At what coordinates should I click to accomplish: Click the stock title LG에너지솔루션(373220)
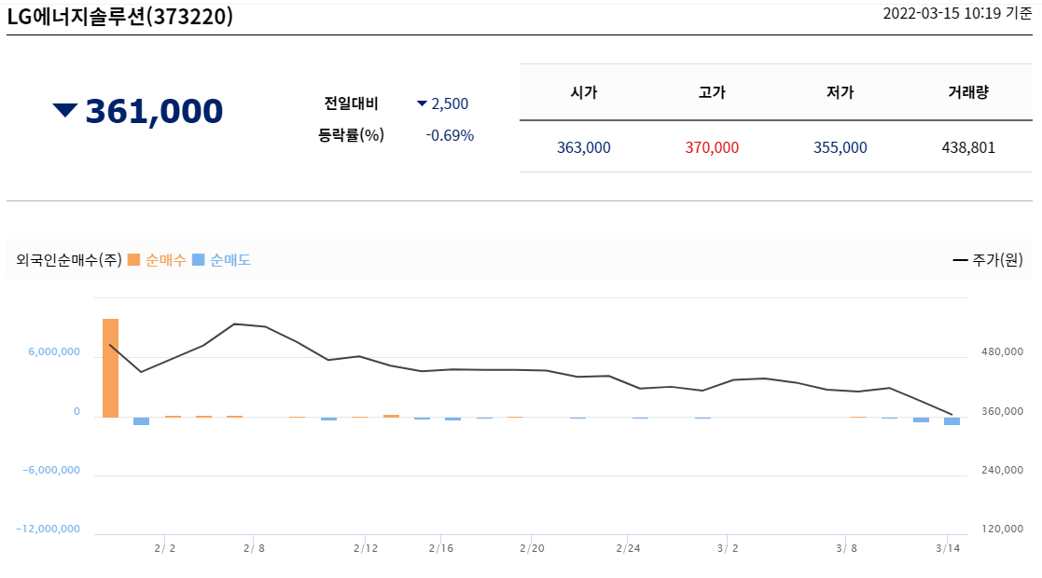[120, 17]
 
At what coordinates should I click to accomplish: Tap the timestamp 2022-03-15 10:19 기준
[957, 14]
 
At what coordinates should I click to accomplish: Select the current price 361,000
[154, 111]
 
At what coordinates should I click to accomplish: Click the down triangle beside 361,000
[65, 110]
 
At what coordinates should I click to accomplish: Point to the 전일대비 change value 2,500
[450, 103]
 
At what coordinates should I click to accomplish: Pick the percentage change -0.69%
[450, 135]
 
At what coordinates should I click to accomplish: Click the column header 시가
[583, 92]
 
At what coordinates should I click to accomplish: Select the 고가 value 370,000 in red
[712, 147]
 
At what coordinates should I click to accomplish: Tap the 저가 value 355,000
[840, 147]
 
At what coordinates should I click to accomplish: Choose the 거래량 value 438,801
[968, 147]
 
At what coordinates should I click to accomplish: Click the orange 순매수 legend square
[134, 260]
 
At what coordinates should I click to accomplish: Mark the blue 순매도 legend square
[198, 260]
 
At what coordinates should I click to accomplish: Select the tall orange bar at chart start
[110, 368]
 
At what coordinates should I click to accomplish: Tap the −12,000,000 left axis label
[48, 529]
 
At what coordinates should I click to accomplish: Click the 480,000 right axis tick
[1003, 352]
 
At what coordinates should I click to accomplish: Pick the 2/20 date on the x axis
[532, 548]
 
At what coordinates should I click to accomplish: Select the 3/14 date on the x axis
[948, 548]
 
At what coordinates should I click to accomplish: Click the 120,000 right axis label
[1003, 529]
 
